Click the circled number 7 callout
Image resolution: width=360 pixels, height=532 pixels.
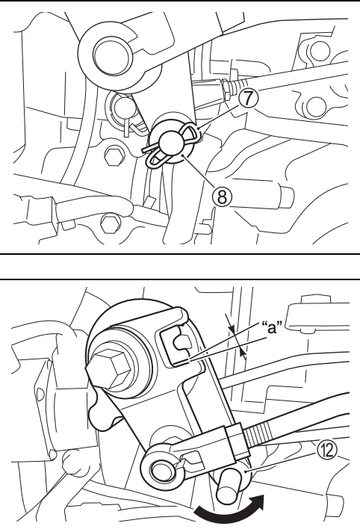249,98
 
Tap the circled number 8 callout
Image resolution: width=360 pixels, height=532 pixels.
222,197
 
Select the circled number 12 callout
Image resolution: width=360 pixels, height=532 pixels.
327,451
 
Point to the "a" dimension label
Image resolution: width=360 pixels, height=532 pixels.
273,327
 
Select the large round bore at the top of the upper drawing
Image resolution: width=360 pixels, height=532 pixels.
112,55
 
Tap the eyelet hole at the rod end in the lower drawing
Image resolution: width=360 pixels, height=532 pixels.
159,470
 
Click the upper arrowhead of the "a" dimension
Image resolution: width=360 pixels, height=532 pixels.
232,329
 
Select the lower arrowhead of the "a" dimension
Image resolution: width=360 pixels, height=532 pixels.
242,353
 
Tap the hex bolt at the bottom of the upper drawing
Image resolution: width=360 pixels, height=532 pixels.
111,223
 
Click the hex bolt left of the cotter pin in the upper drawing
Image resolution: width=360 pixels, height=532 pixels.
114,156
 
